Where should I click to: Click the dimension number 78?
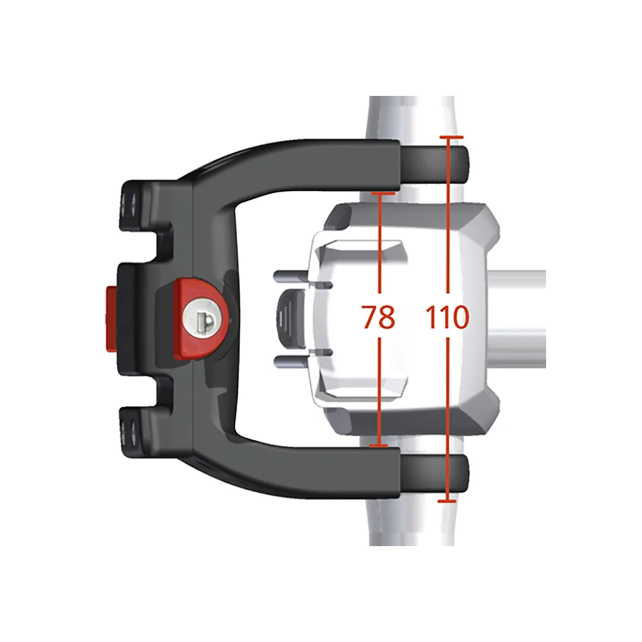(x=379, y=317)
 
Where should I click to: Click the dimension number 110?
(x=447, y=317)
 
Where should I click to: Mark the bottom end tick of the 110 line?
(x=447, y=501)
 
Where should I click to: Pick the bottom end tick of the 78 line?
(x=378, y=445)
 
